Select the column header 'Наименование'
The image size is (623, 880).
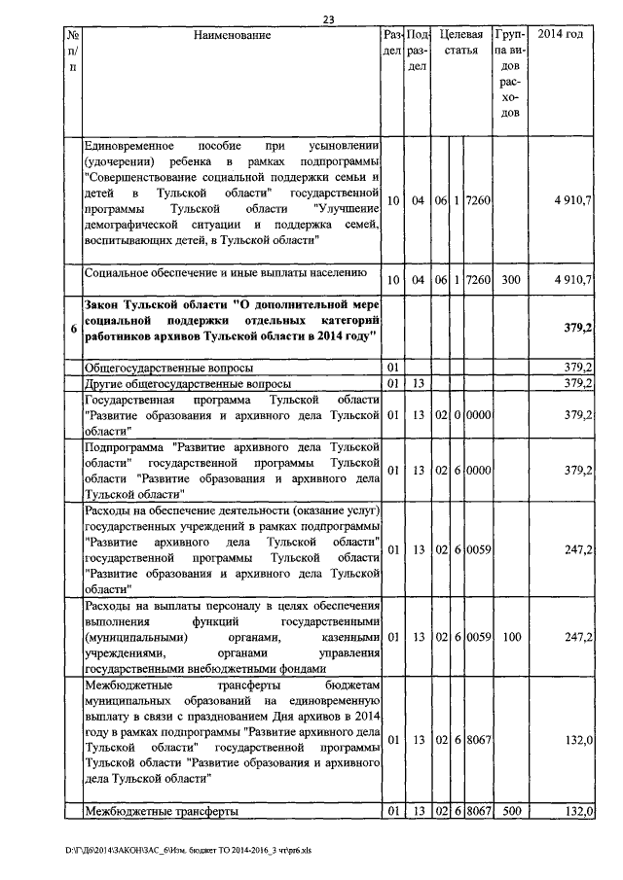pyautogui.click(x=232, y=35)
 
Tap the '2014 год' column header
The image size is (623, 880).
pyautogui.click(x=568, y=35)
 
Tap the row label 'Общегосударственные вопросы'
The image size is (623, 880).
pyautogui.click(x=170, y=369)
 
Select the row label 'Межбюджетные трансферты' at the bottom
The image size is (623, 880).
pyautogui.click(x=162, y=811)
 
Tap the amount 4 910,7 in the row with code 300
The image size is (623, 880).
pyautogui.click(x=574, y=279)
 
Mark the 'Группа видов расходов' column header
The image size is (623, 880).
pyautogui.click(x=511, y=74)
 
